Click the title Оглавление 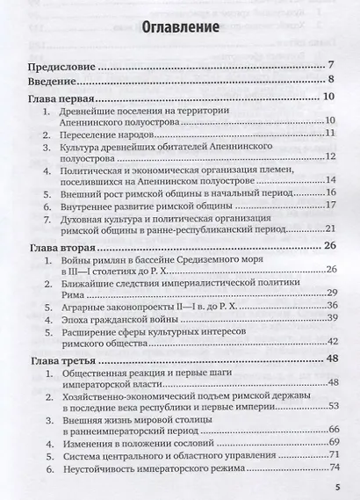180,29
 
